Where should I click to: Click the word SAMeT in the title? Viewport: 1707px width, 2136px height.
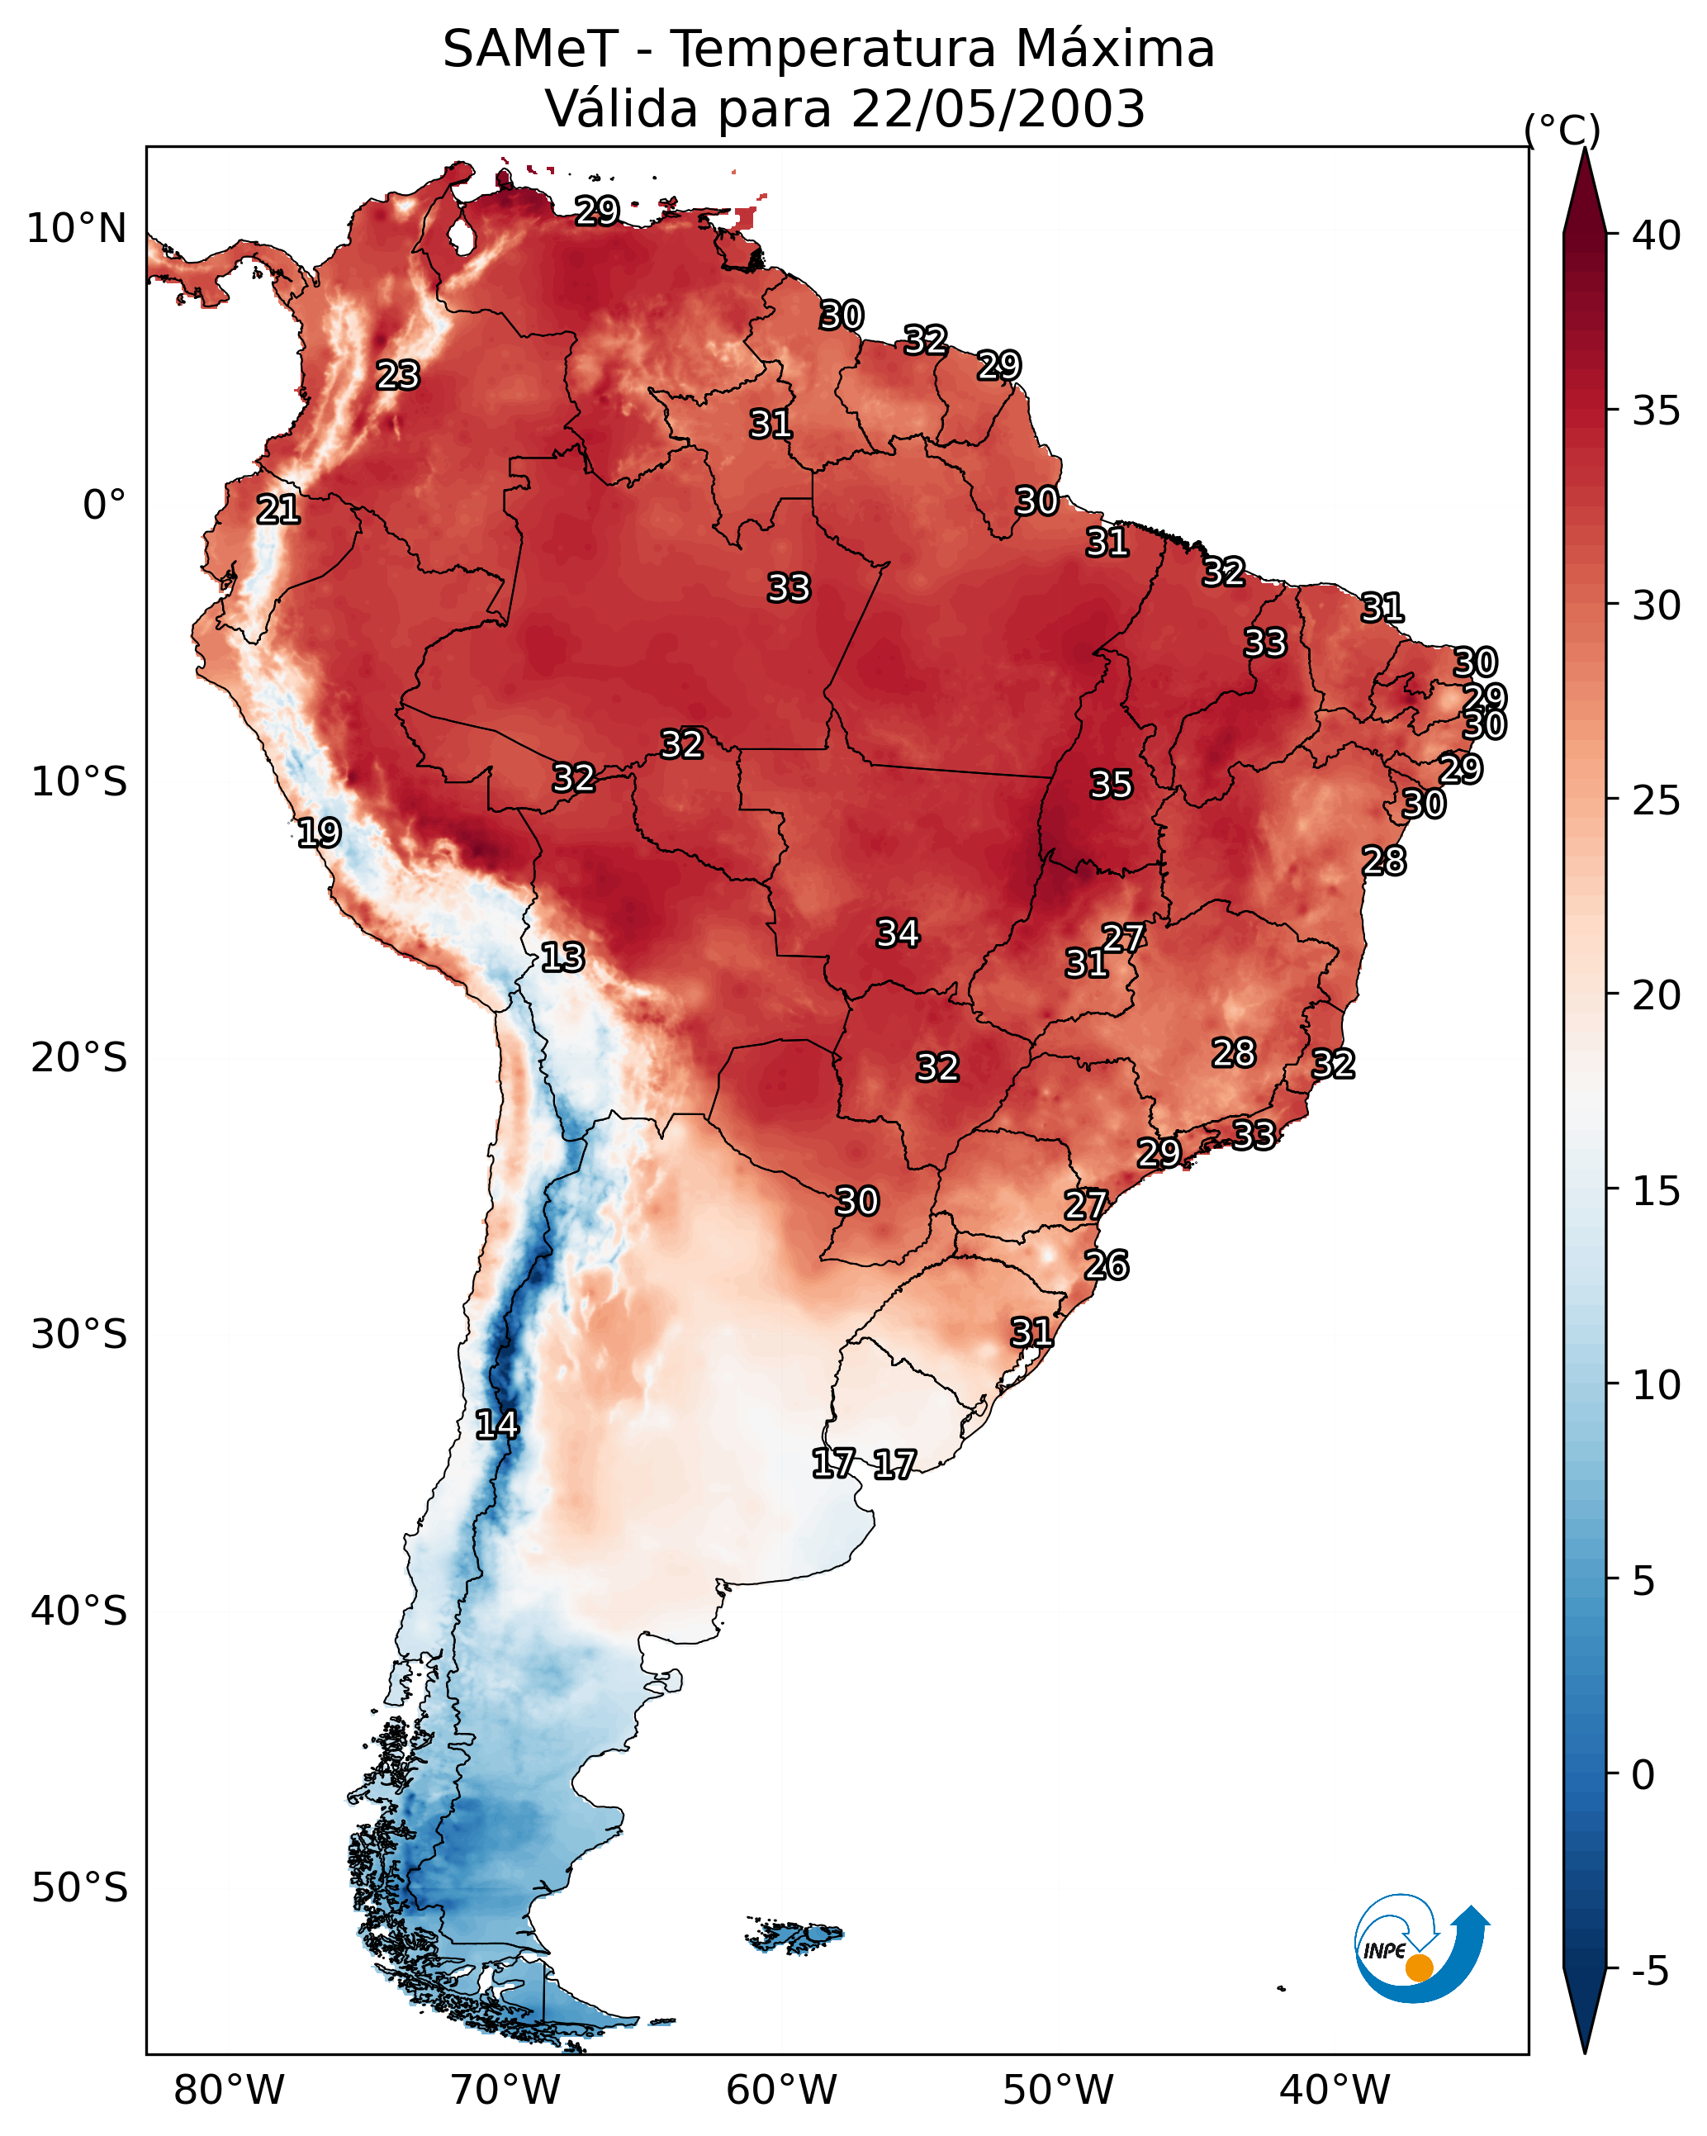click(530, 50)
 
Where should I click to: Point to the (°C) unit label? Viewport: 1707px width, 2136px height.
click(1562, 130)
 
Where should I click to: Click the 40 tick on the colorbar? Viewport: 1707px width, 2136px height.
click(1657, 235)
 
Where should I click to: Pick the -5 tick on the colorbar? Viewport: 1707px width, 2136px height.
click(1651, 1972)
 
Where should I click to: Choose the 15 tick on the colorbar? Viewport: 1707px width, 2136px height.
click(1657, 1192)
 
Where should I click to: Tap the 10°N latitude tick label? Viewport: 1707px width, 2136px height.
click(76, 229)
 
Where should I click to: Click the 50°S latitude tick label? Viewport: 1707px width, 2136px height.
click(79, 1889)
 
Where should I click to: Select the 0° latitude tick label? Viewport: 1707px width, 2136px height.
click(104, 506)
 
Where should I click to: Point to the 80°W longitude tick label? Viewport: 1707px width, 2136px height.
click(229, 2091)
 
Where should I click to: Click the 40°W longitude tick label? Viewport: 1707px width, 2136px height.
click(1335, 2091)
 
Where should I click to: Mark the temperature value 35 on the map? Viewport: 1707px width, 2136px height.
click(1111, 785)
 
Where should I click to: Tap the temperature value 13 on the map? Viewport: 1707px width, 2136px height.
click(562, 957)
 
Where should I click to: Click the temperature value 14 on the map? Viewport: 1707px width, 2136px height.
click(496, 1425)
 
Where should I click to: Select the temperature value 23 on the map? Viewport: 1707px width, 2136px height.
click(398, 376)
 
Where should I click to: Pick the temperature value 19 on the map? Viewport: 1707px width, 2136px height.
click(319, 833)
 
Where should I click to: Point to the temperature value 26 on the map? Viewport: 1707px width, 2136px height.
click(1107, 1265)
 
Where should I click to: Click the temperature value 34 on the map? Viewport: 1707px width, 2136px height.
click(898, 933)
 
